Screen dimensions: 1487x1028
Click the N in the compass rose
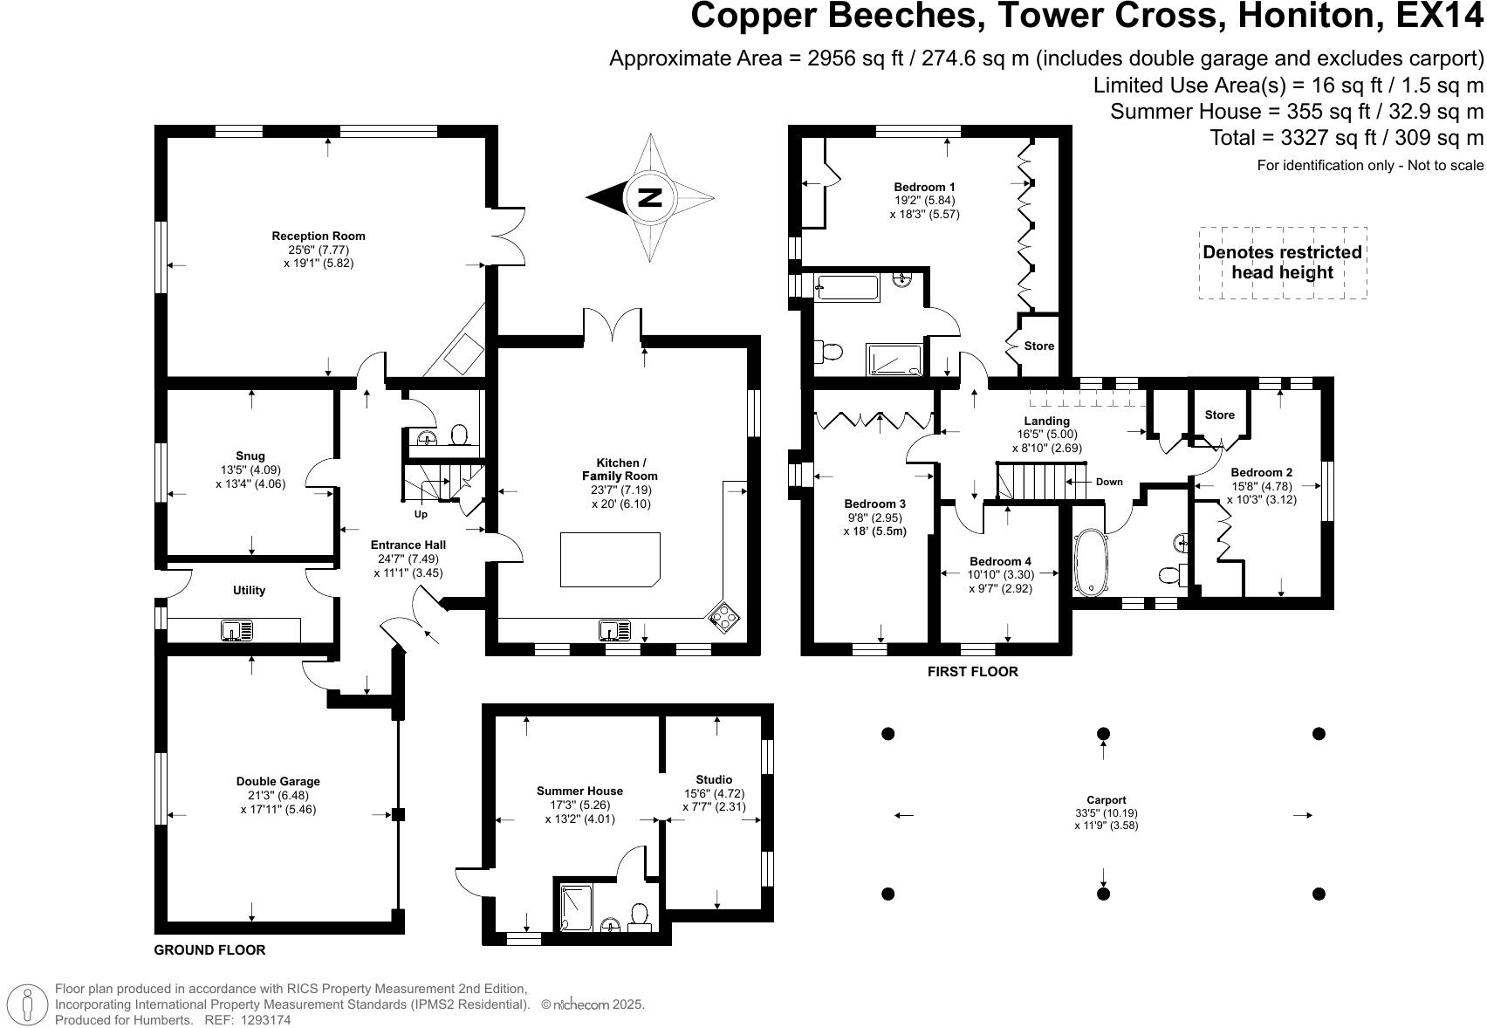650,198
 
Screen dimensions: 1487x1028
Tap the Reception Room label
318,236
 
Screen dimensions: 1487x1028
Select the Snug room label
250,456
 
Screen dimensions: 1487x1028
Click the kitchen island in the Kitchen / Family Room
610,559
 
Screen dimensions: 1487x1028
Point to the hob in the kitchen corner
724,616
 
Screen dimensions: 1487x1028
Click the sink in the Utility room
237,630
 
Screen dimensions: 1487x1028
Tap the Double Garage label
278,781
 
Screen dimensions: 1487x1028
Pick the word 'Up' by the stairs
421,514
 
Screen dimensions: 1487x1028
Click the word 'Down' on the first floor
1109,482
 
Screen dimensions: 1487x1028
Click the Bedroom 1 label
925,187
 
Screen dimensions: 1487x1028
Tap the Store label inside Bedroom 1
1039,346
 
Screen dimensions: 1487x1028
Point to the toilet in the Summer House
640,917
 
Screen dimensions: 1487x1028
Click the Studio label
715,780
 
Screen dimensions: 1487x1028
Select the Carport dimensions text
1106,819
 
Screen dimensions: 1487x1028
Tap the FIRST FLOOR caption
972,672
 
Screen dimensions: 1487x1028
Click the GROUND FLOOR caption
209,949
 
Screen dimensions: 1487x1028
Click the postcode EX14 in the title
1440,16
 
